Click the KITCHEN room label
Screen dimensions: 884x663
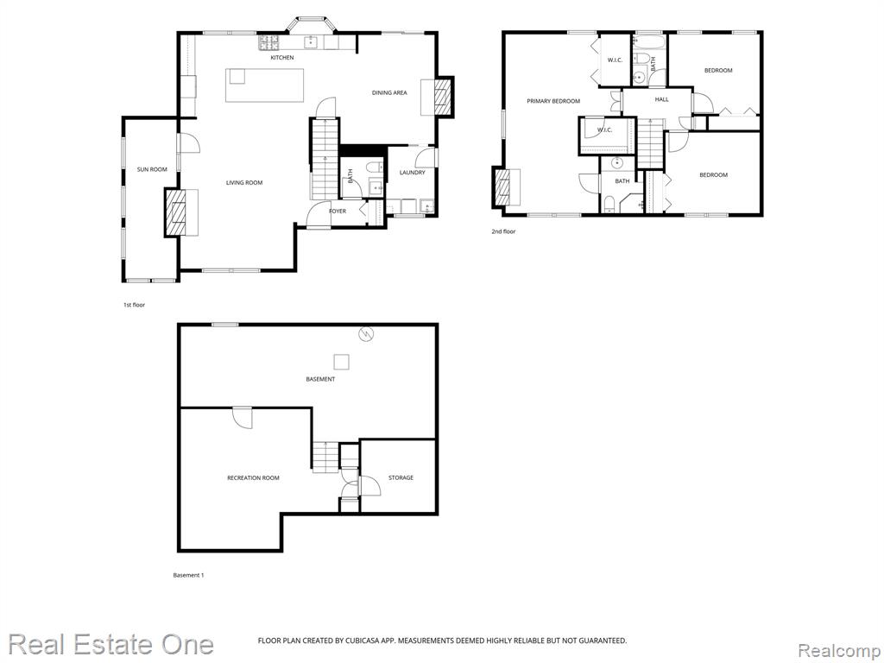282,58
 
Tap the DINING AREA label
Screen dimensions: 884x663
389,92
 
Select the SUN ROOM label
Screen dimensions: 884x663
152,169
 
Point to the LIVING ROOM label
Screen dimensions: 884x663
244,183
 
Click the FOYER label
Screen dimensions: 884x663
338,211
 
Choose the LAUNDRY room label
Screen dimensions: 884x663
412,173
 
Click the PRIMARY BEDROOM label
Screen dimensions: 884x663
553,102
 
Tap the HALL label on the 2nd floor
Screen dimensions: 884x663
662,99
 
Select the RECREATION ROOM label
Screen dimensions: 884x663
253,478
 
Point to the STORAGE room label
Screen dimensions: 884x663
401,477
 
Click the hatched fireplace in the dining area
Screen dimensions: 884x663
443,97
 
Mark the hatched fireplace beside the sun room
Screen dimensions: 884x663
174,212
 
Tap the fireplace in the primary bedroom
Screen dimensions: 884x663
501,187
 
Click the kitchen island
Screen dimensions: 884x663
264,85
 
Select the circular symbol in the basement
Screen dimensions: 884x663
367,334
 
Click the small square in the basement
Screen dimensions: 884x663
341,362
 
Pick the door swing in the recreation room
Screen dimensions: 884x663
243,417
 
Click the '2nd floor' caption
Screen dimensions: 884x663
503,231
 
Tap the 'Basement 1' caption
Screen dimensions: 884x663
188,576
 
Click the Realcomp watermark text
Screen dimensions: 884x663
839,651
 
